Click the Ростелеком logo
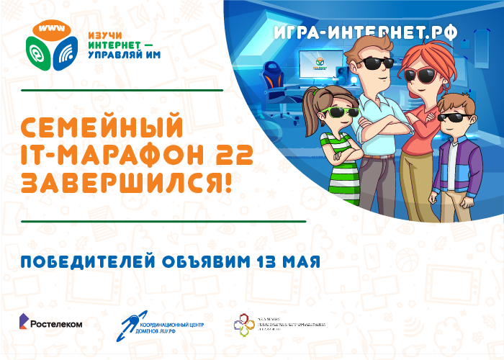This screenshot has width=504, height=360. pos(50,323)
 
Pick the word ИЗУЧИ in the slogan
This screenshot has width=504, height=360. pos(104,34)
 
